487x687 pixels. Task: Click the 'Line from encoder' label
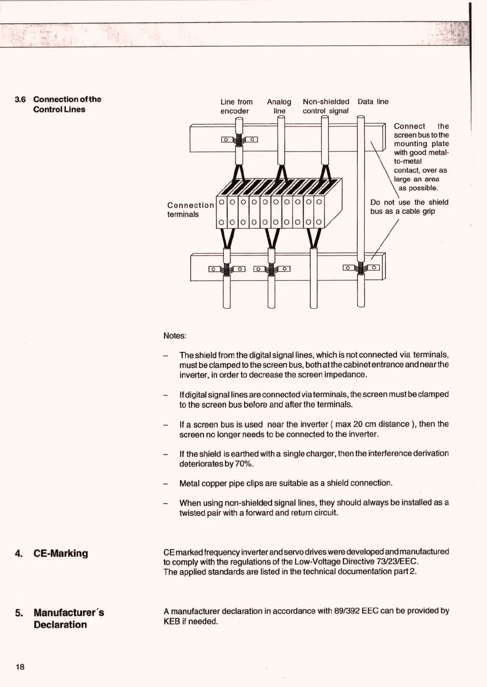[236, 106]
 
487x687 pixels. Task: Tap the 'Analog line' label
[279, 106]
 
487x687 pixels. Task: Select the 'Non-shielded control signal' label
[326, 106]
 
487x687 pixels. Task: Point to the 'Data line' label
[373, 102]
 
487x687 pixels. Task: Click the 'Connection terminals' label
[190, 210]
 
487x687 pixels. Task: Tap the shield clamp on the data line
[361, 268]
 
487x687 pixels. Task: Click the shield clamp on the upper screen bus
[239, 140]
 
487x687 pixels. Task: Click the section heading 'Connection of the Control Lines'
[67, 104]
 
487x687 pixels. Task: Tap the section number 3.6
[20, 99]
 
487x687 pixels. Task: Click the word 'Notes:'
[175, 336]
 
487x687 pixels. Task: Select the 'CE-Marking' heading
[61, 553]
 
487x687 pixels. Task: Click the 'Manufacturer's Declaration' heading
[69, 618]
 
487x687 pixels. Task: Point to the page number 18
[20, 667]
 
